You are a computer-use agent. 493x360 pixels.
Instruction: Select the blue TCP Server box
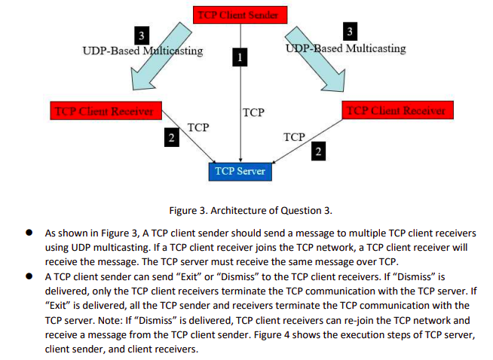[x=240, y=171]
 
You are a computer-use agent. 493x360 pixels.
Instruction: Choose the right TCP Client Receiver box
[x=397, y=110]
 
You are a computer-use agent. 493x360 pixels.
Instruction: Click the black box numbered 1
[x=240, y=56]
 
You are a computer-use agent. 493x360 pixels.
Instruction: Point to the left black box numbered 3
[x=139, y=35]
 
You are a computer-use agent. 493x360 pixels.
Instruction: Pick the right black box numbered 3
[x=348, y=31]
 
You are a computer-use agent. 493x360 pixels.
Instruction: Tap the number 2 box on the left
[x=172, y=138]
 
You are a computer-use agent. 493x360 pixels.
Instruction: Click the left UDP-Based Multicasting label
[x=142, y=51]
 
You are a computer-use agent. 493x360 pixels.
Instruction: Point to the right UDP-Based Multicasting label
[x=346, y=48]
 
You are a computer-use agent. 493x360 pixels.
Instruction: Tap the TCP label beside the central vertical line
[x=254, y=112]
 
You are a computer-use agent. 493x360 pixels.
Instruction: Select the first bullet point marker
[x=28, y=234]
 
